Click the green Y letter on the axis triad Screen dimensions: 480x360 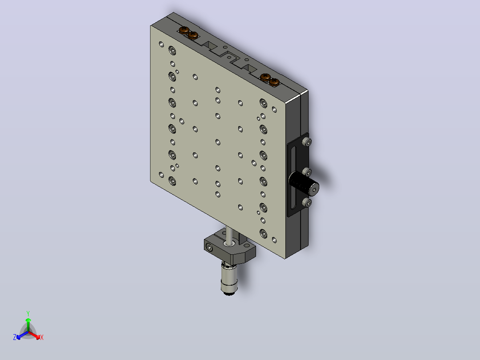(28, 313)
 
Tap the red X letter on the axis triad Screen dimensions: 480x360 (42, 337)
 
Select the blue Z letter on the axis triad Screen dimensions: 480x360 (15, 337)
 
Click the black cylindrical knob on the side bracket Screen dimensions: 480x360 (304, 183)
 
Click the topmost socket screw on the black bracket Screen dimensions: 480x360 (307, 142)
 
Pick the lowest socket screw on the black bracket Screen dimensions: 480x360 (307, 202)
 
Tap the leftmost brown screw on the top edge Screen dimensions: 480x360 (184, 30)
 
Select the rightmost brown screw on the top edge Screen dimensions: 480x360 (274, 82)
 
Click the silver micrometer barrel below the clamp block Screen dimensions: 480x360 (229, 277)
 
